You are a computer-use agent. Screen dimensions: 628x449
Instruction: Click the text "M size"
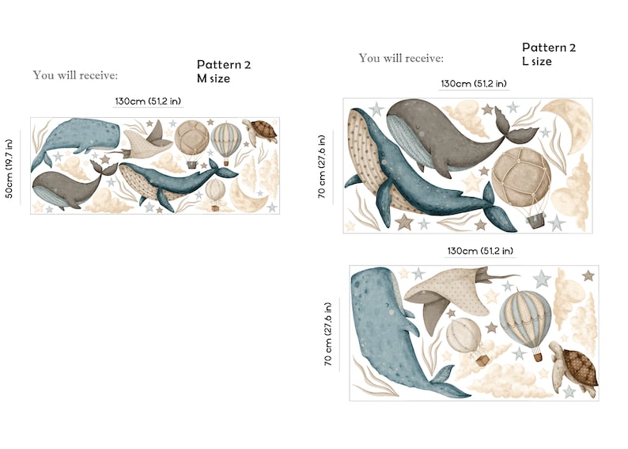[213, 78]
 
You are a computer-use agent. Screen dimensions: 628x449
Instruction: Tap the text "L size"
[537, 61]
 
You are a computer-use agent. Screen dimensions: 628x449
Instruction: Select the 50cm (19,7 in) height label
[9, 169]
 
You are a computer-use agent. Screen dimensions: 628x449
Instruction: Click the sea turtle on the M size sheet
[261, 131]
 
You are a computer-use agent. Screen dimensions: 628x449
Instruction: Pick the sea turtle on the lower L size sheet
[573, 367]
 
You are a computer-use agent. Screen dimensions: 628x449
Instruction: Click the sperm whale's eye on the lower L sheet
[387, 306]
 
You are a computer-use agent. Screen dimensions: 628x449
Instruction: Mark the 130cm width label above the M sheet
[148, 101]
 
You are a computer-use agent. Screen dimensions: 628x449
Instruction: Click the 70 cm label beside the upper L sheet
[322, 166]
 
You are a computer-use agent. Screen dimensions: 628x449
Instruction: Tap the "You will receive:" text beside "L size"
[401, 59]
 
